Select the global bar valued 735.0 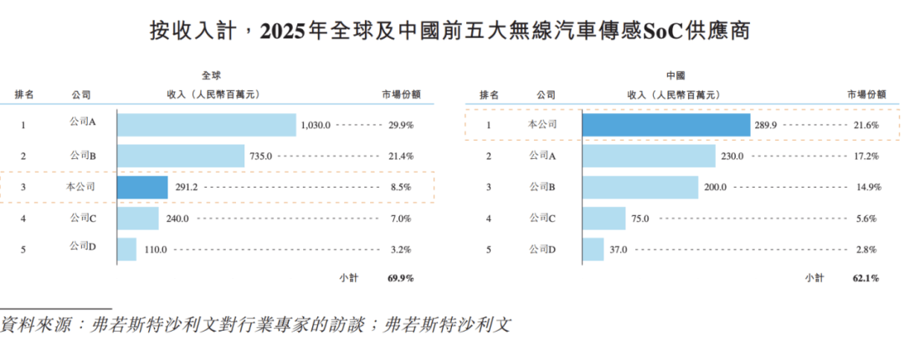point(181,156)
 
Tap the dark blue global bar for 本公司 point(142,187)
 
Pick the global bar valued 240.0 point(138,219)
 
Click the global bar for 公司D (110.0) point(126,249)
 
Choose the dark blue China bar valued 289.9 point(665,125)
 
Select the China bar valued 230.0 point(649,156)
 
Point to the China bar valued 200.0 point(640,187)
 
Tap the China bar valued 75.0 point(604,219)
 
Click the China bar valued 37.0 point(593,249)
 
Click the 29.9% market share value point(399,125)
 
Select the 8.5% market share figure point(402,188)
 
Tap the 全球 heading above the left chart point(211,75)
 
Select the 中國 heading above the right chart point(675,75)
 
